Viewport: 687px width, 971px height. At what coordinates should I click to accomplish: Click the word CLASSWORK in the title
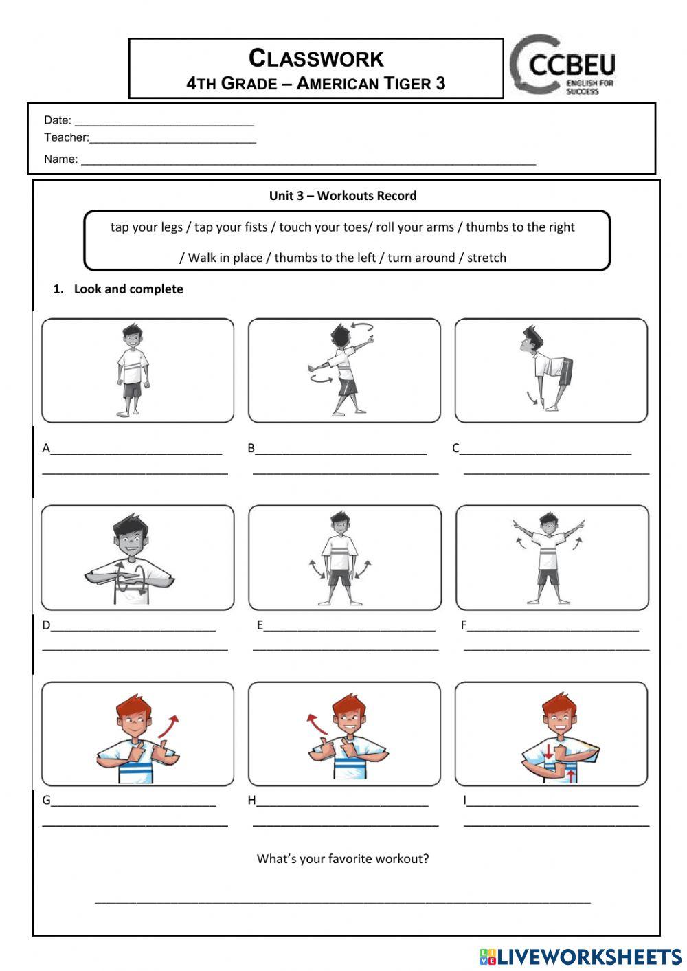coord(316,58)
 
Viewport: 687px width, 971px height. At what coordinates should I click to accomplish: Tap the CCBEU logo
coord(563,65)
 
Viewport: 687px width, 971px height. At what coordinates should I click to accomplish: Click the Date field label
coord(58,120)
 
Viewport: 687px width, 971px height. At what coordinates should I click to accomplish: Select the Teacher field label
coord(66,137)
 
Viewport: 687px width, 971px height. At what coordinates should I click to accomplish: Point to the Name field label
coord(60,159)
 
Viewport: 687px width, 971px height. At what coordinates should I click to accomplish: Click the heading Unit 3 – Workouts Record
coord(343,196)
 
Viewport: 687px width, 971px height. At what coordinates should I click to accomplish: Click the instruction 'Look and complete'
coord(128,289)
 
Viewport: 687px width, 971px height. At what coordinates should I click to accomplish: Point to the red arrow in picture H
coord(314,724)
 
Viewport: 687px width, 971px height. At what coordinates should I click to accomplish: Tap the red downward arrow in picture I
coord(549,750)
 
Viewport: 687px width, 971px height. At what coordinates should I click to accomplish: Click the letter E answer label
coord(260,625)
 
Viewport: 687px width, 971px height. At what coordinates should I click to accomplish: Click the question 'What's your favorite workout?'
coord(343,859)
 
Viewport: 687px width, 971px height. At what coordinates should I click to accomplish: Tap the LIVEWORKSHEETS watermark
coord(581,957)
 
